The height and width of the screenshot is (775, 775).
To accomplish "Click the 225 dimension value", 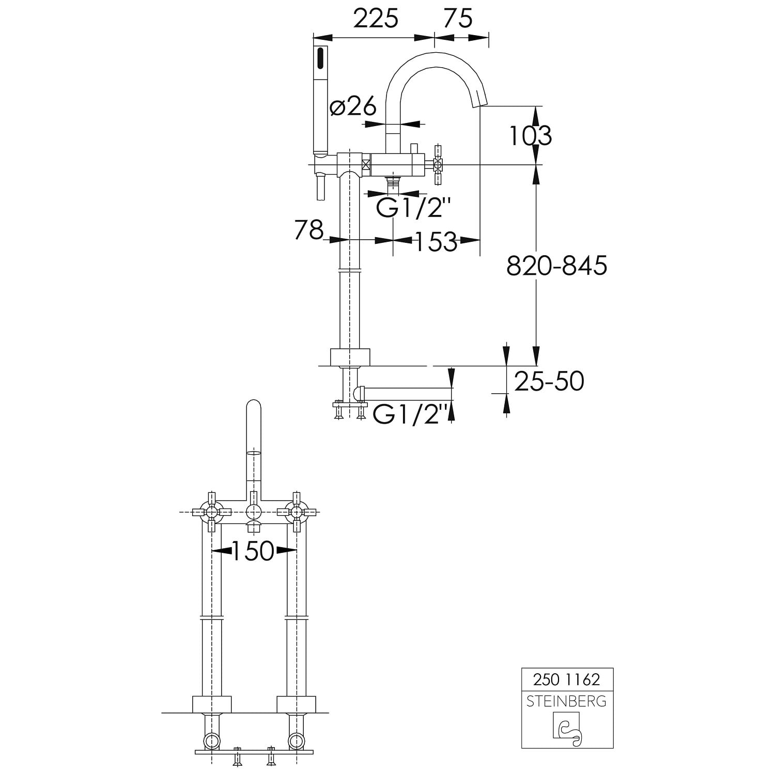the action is tap(376, 19).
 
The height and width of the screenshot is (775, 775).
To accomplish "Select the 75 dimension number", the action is tap(458, 19).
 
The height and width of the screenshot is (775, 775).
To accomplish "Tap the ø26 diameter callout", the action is tap(353, 107).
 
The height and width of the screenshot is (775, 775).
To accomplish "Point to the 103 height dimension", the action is tap(531, 136).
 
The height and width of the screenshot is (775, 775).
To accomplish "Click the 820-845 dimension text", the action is tap(556, 266).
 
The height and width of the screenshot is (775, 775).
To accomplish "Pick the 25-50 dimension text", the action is tap(549, 382).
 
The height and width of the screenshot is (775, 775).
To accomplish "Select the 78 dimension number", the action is tap(309, 230).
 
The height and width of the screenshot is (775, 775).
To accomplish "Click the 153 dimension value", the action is tap(436, 241).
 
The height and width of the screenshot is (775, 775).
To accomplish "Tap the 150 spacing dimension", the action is tap(253, 551).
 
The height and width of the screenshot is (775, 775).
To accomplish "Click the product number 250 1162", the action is tap(567, 679).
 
